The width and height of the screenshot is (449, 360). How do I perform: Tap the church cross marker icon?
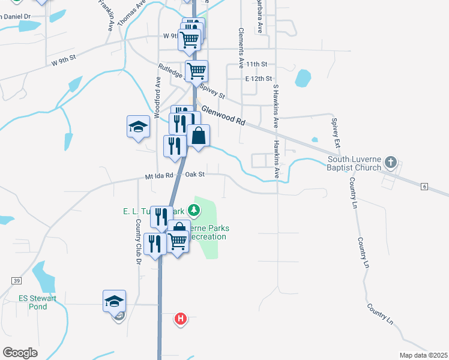coord(391,162)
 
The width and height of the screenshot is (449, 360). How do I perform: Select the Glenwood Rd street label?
coord(223,115)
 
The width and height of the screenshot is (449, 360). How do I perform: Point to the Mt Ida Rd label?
coord(158,176)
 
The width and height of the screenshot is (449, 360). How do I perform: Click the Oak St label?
coord(195,175)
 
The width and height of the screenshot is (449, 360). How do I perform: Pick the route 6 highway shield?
coord(424,187)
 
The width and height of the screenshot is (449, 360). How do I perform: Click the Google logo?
coord(20,352)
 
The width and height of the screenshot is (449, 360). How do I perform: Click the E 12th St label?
coord(258,79)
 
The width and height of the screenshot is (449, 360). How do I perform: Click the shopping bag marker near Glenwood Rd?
coord(199,136)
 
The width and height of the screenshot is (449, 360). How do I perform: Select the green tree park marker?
coord(193,210)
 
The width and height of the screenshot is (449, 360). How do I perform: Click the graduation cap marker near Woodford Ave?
coord(138,127)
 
